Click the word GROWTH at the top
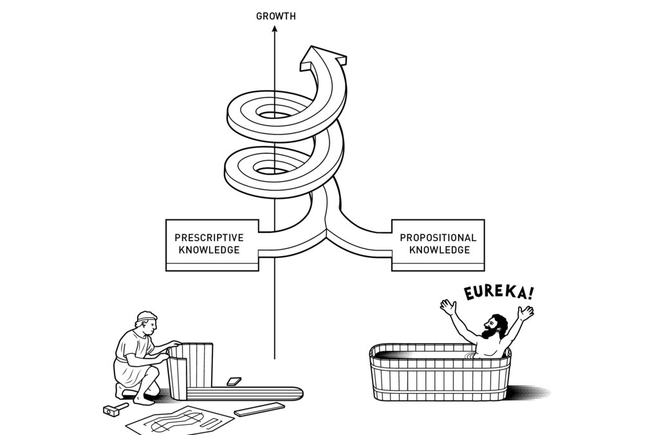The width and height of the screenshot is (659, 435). click(x=276, y=17)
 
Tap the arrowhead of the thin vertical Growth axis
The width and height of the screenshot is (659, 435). click(x=275, y=29)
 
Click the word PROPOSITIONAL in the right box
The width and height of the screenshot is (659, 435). click(x=438, y=237)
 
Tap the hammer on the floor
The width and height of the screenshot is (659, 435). click(x=115, y=409)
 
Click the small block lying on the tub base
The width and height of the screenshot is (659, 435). click(x=234, y=382)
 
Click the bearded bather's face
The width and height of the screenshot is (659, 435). click(x=494, y=328)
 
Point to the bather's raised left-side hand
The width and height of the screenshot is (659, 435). click(x=449, y=306)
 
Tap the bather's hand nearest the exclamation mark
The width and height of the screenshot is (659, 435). click(x=527, y=313)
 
